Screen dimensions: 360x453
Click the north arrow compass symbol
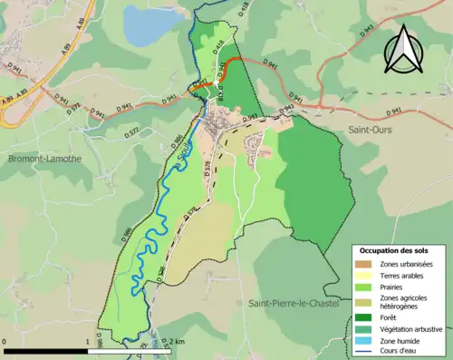403,49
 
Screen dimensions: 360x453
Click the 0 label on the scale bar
6,342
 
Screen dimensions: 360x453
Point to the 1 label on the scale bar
88,342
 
